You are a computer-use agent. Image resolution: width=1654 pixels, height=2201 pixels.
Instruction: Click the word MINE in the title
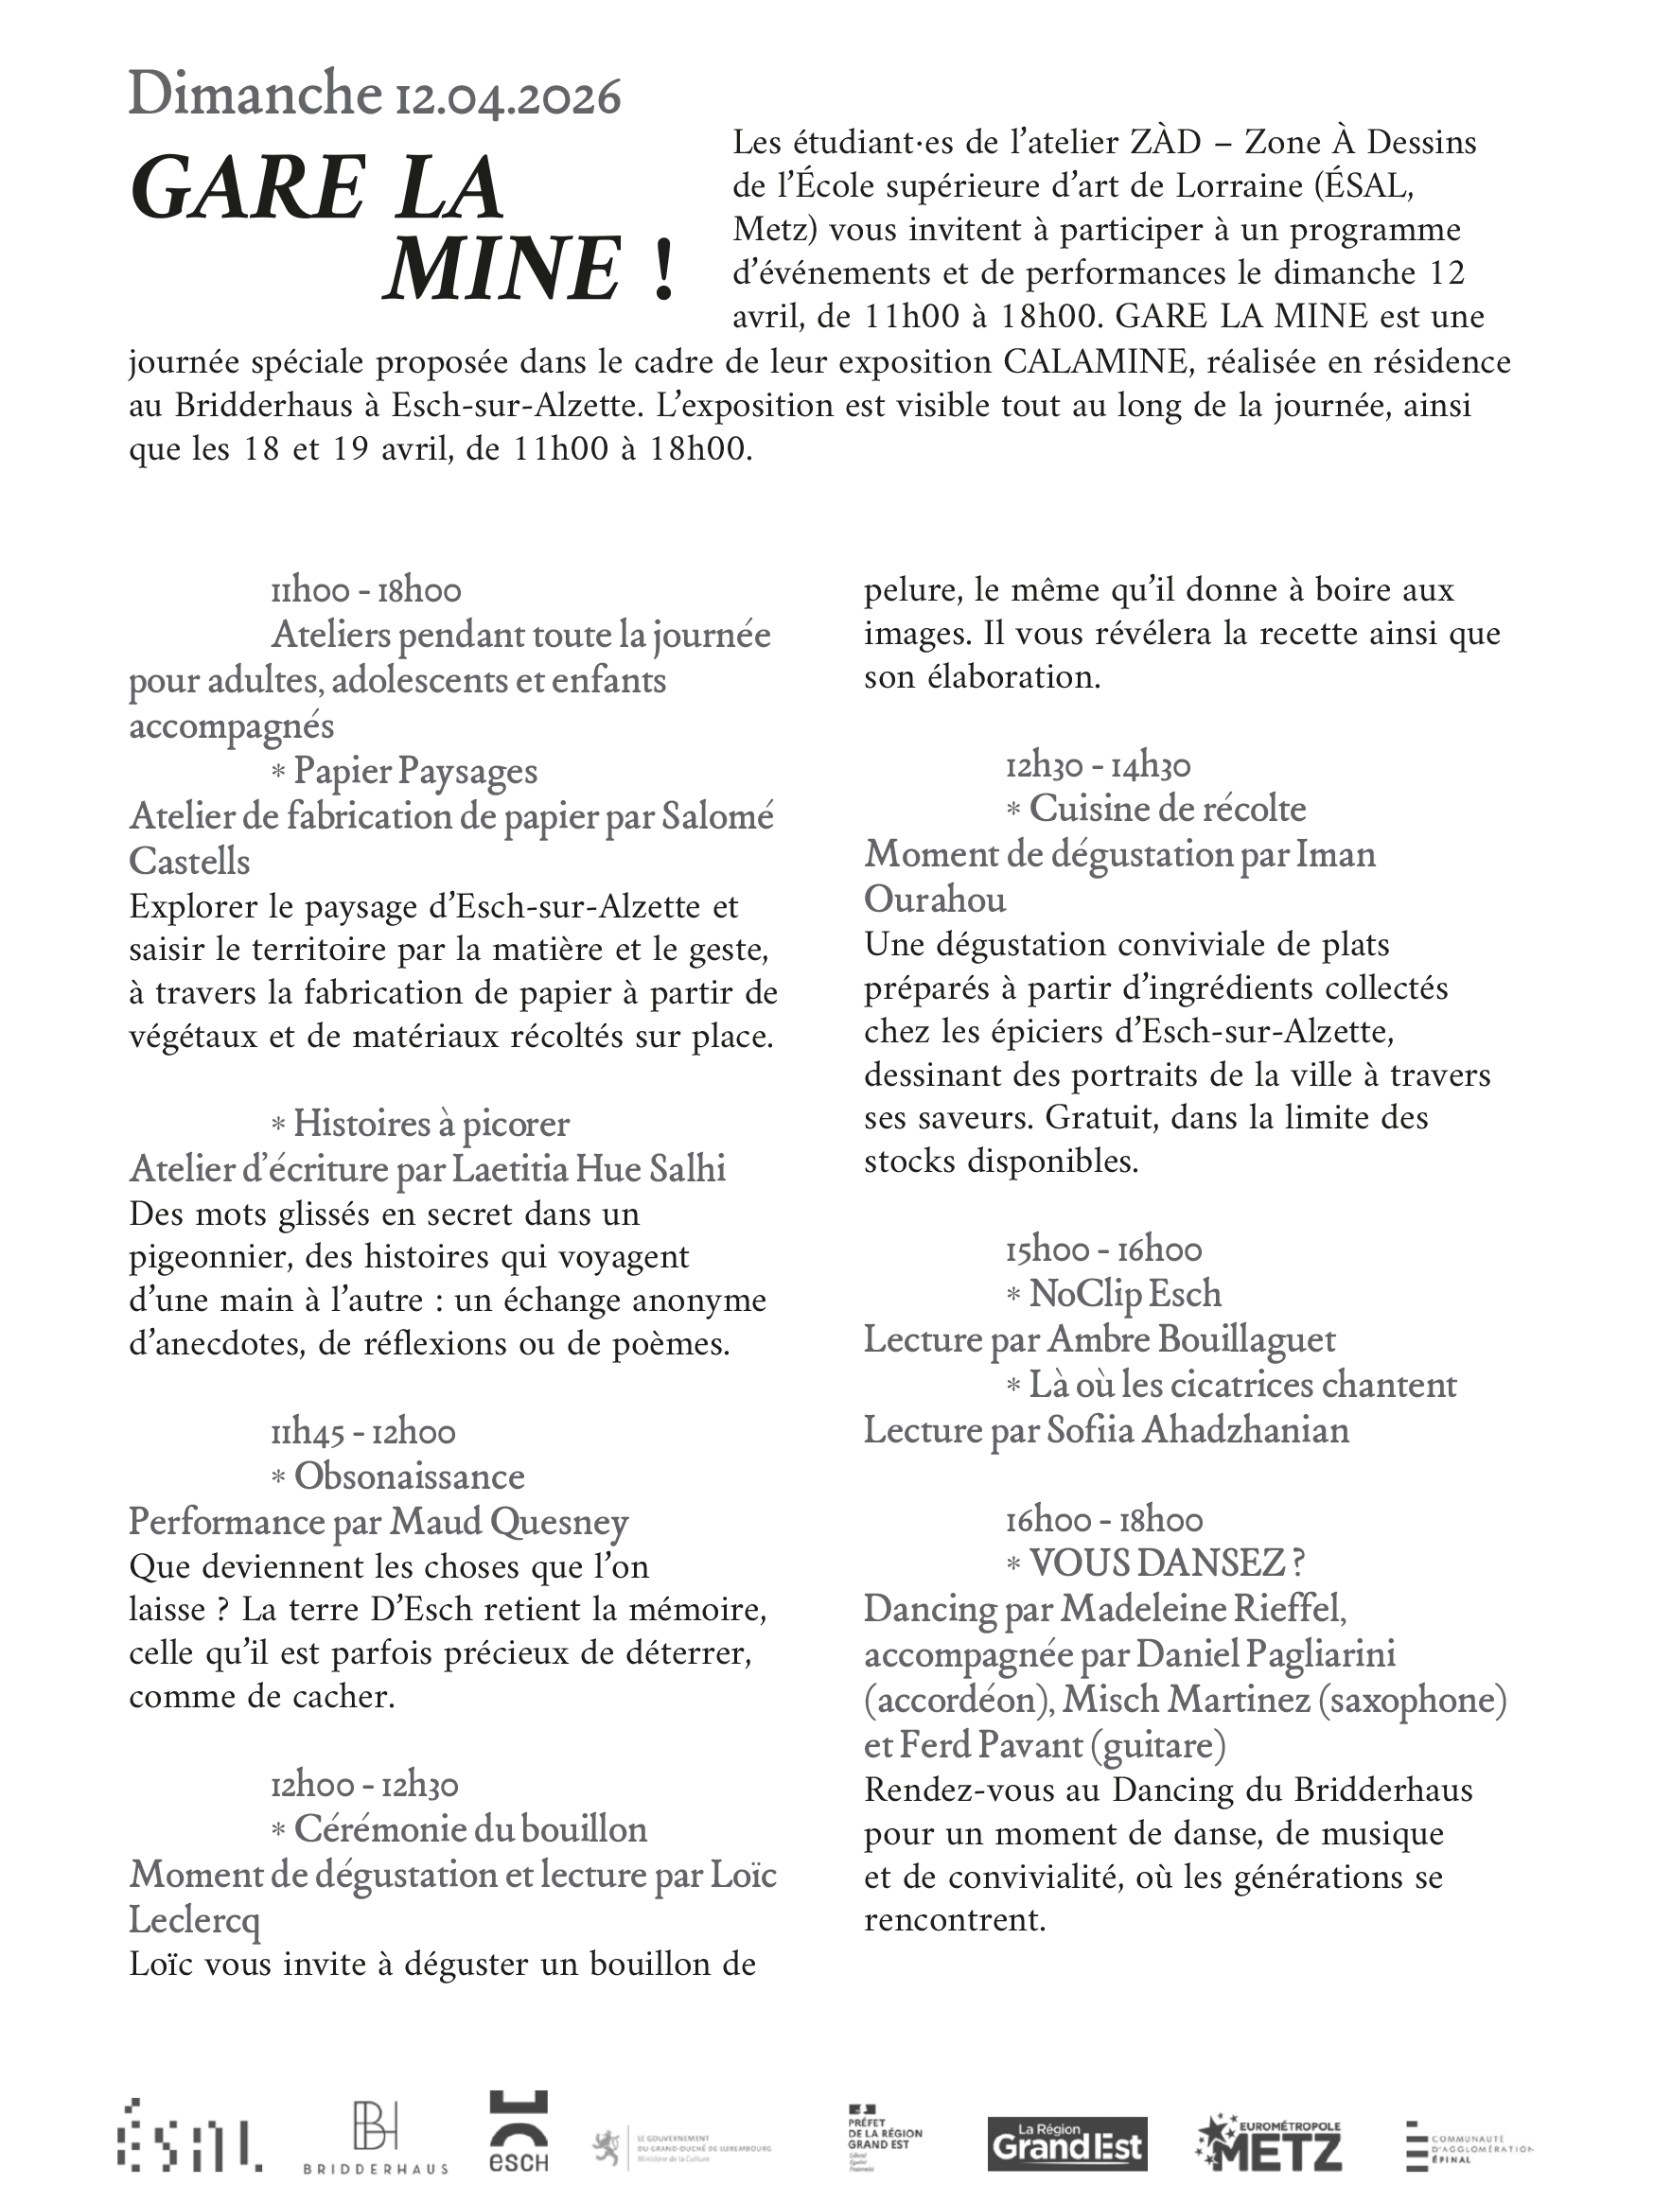tap(502, 269)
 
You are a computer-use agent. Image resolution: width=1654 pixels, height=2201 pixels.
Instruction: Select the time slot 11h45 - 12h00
tap(363, 1432)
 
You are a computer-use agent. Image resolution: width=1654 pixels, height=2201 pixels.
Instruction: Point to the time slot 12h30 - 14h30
tap(1098, 765)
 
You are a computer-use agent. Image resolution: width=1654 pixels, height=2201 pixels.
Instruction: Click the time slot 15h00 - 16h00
tap(1102, 1249)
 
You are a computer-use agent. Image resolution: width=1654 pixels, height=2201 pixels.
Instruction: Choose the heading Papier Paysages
tap(415, 771)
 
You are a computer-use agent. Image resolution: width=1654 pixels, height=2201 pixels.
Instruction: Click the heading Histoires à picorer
tap(431, 1124)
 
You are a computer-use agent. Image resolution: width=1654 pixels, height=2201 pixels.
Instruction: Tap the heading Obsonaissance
tap(409, 1476)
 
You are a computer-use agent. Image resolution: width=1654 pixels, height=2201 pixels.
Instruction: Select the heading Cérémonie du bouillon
tap(470, 1828)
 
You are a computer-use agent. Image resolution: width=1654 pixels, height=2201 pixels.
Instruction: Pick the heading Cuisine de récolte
tap(1168, 808)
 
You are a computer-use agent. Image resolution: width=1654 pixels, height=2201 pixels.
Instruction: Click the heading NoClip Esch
tap(1124, 1294)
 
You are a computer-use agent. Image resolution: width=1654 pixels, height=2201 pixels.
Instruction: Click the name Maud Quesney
tap(509, 1521)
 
